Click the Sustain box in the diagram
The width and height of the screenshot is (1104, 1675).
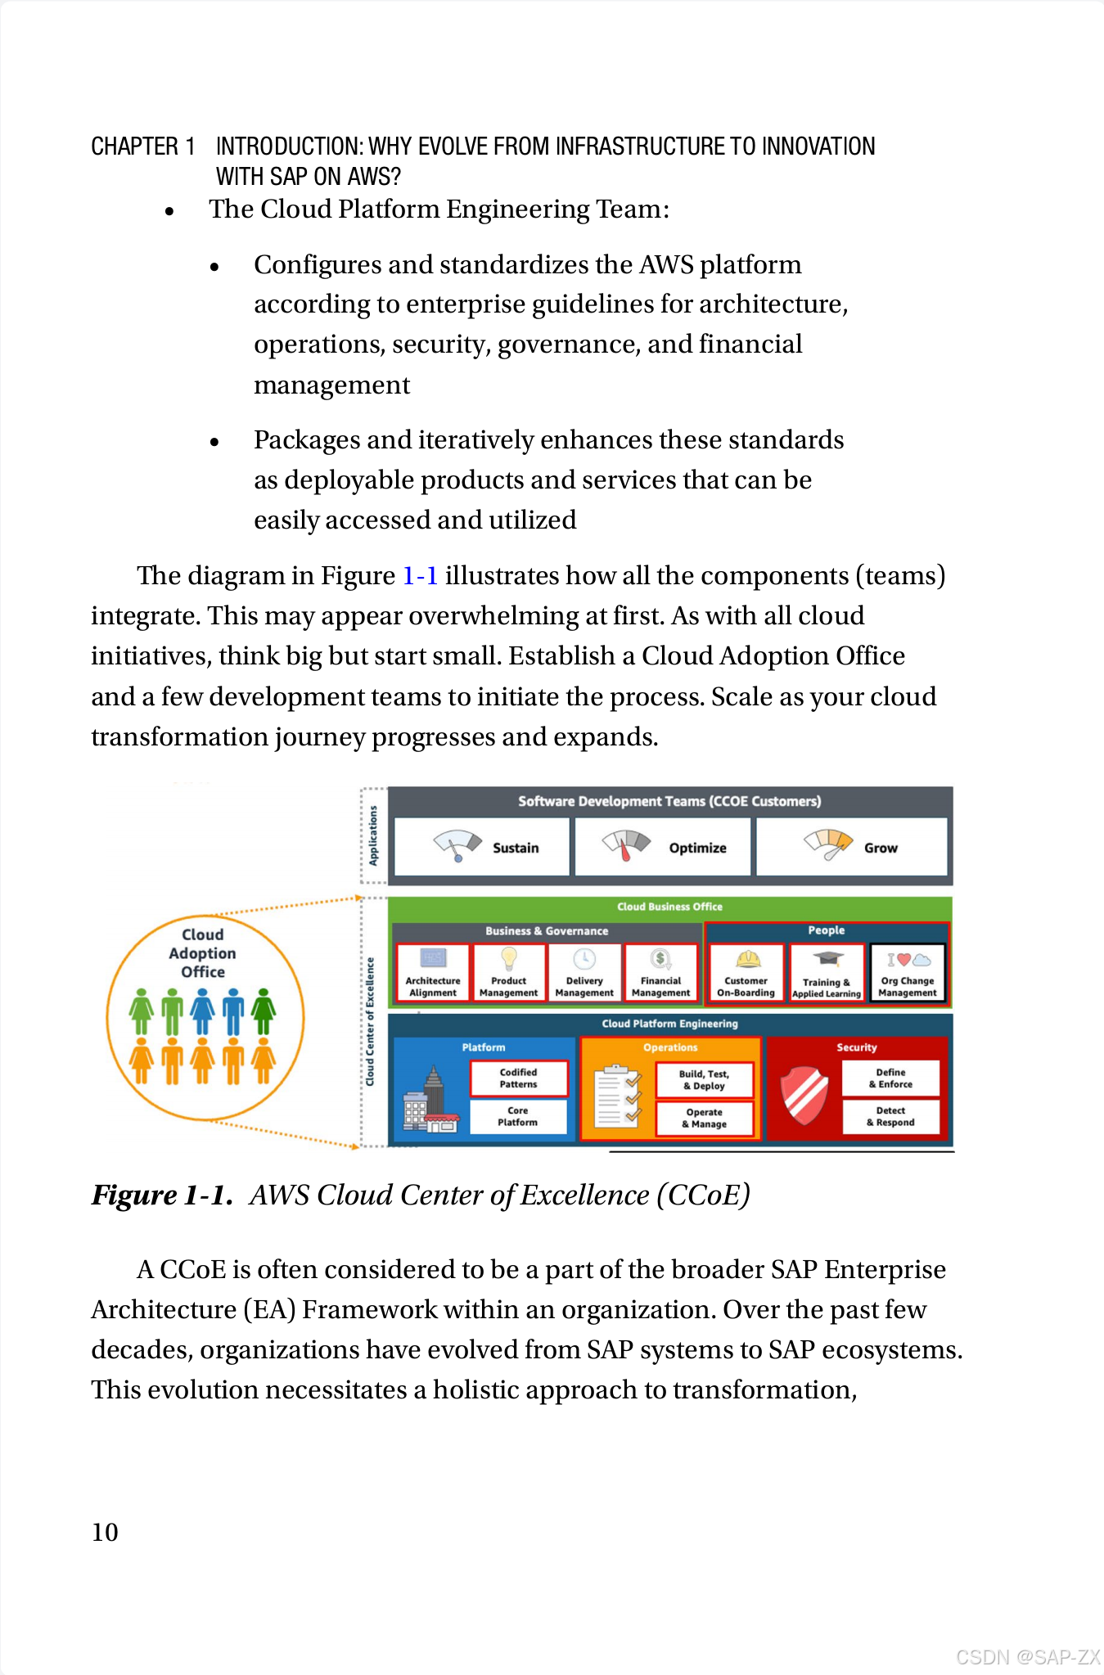click(x=482, y=847)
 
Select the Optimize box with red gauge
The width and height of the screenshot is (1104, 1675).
click(x=662, y=847)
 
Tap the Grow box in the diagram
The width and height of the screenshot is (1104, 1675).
click(x=851, y=847)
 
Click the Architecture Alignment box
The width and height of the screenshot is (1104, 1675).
click(x=433, y=972)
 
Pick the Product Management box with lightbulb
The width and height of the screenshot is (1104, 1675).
click(x=508, y=972)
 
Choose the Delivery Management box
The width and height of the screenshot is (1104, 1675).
click(x=584, y=972)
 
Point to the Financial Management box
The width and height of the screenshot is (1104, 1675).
click(x=660, y=972)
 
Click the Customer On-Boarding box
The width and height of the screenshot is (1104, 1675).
click(x=746, y=972)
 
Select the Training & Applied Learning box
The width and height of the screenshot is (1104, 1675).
click(x=827, y=973)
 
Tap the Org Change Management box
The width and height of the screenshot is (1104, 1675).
click(x=908, y=972)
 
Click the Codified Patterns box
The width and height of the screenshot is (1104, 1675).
click(x=519, y=1078)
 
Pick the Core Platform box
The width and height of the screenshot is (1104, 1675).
click(x=518, y=1116)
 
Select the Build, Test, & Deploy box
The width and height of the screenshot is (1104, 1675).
click(x=704, y=1080)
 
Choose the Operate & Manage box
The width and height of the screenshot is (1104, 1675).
click(x=704, y=1119)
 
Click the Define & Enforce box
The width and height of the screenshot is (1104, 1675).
click(x=890, y=1078)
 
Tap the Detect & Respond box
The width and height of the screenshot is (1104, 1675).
click(x=890, y=1117)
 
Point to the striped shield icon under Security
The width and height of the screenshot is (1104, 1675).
click(x=805, y=1095)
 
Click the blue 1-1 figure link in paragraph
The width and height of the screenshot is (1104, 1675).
click(x=420, y=576)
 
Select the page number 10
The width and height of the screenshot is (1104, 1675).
click(x=105, y=1533)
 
